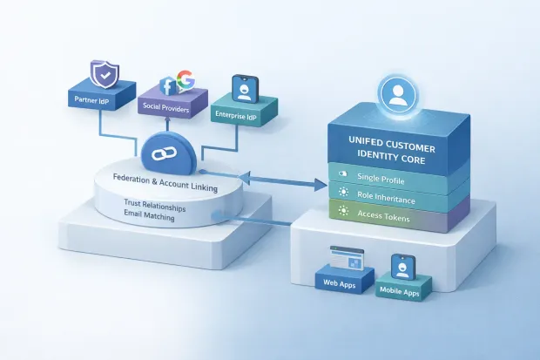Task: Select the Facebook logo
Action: [169, 85]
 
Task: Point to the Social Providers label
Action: [166, 106]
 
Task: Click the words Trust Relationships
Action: [150, 205]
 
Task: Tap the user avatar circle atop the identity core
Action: [398, 96]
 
